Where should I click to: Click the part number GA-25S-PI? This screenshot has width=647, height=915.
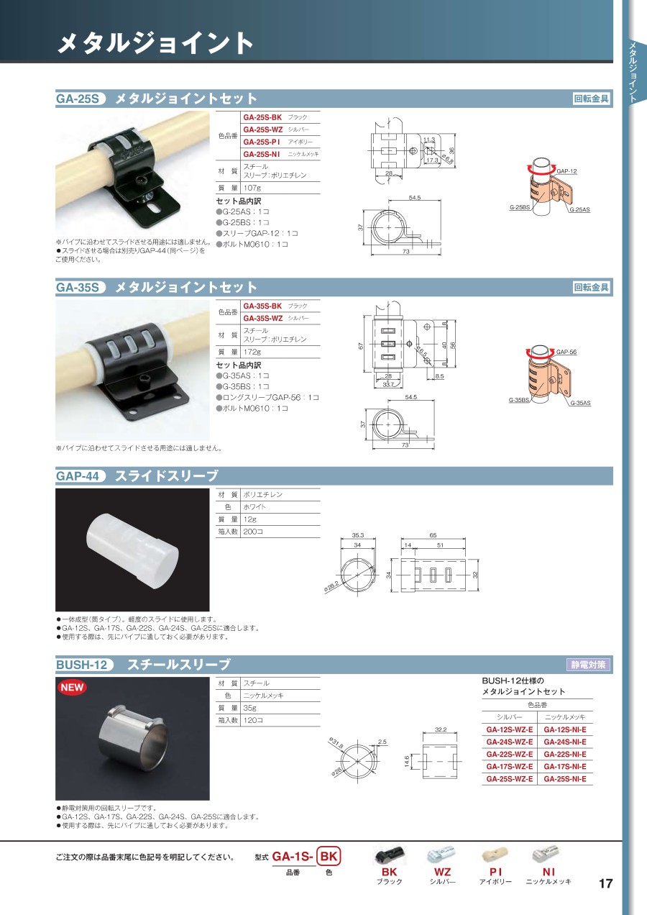[262, 142]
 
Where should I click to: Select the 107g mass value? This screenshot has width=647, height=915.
[252, 188]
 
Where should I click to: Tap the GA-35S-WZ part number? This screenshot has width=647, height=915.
[263, 318]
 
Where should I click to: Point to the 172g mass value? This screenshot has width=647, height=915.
[252, 352]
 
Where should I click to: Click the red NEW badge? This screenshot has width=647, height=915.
[72, 688]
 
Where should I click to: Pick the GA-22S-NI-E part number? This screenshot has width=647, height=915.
[565, 754]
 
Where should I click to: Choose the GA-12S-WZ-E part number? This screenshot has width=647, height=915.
[510, 729]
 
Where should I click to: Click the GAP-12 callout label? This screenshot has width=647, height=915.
[566, 171]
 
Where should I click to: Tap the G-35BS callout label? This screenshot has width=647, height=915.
[519, 400]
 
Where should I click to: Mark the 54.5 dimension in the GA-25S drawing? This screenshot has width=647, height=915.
[414, 198]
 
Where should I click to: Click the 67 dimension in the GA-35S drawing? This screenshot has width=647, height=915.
[361, 346]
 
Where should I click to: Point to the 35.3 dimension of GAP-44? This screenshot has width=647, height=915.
[357, 535]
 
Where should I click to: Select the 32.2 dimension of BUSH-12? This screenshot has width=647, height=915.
[441, 729]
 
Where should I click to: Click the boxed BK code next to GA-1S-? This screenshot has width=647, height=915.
[329, 856]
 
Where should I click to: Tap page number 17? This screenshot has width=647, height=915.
[606, 883]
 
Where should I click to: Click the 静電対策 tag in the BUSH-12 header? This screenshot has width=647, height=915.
[588, 665]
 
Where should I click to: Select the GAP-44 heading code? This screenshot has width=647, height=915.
[78, 476]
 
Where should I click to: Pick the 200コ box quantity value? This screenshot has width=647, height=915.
[253, 532]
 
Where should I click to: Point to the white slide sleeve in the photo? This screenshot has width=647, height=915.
[133, 550]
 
